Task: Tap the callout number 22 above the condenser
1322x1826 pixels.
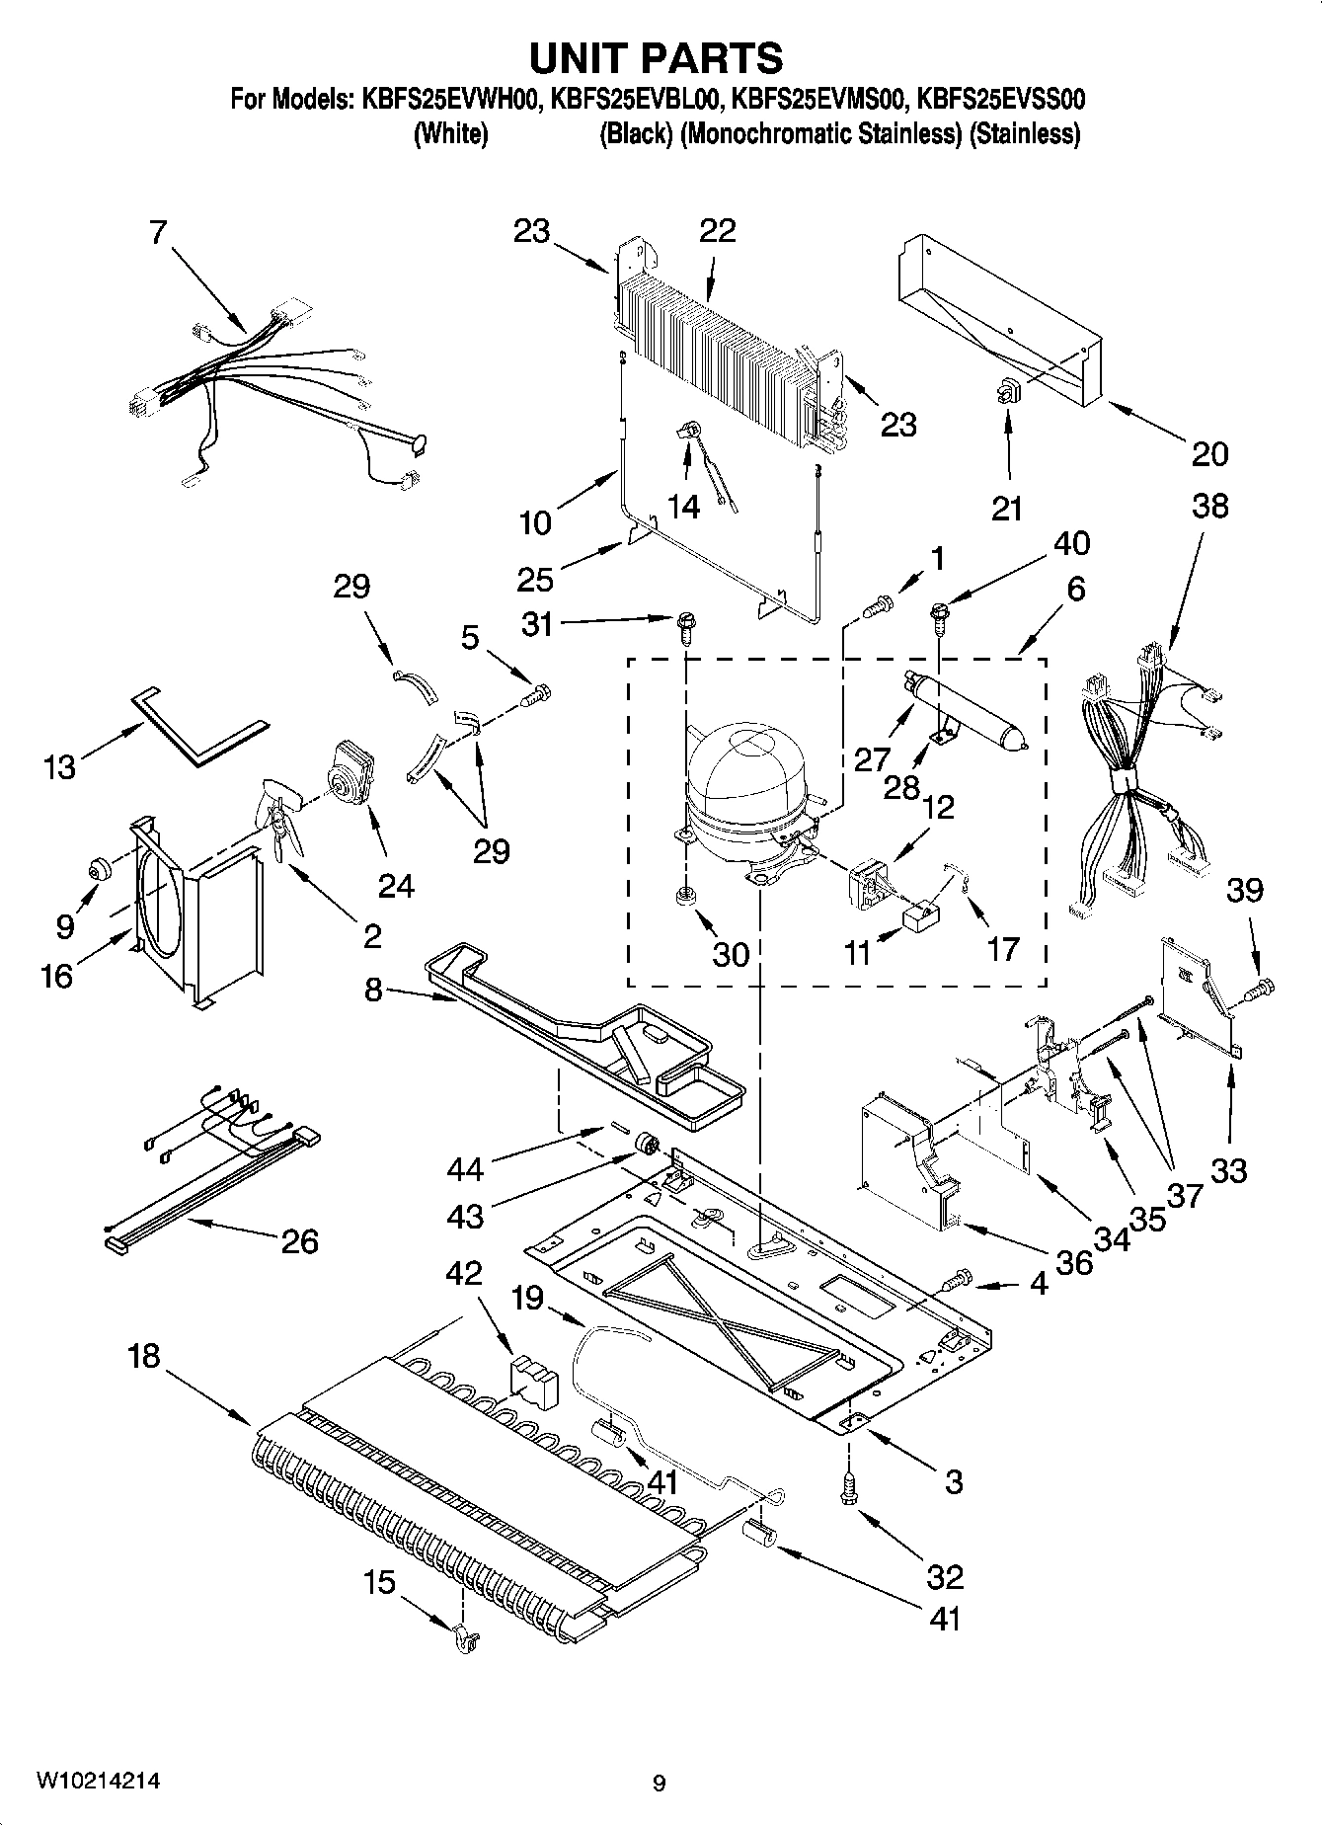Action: pyautogui.click(x=718, y=230)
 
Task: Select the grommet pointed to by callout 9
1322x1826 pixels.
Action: pyautogui.click(x=100, y=869)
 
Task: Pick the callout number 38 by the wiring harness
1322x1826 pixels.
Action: pyautogui.click(x=1209, y=506)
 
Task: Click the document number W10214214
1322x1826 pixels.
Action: pyautogui.click(x=99, y=1781)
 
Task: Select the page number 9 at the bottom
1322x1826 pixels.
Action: pyautogui.click(x=660, y=1784)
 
